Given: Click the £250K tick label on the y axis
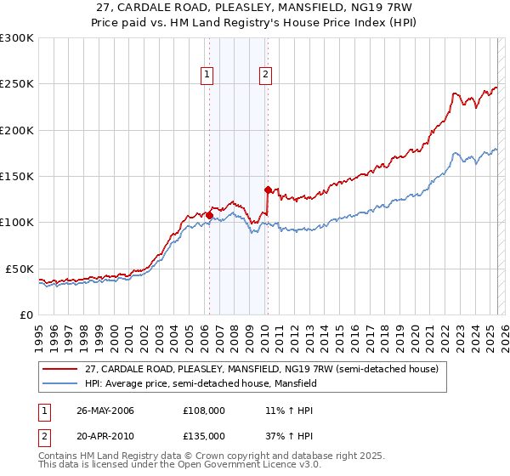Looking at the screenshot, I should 17,84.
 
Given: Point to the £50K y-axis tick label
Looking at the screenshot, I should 20,269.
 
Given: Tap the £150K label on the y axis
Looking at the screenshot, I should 17,177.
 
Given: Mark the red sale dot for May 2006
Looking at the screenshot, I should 209,215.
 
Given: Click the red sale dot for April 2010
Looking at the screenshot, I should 268,190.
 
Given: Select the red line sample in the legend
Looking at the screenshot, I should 60,370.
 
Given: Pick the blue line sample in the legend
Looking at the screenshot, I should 60,384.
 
